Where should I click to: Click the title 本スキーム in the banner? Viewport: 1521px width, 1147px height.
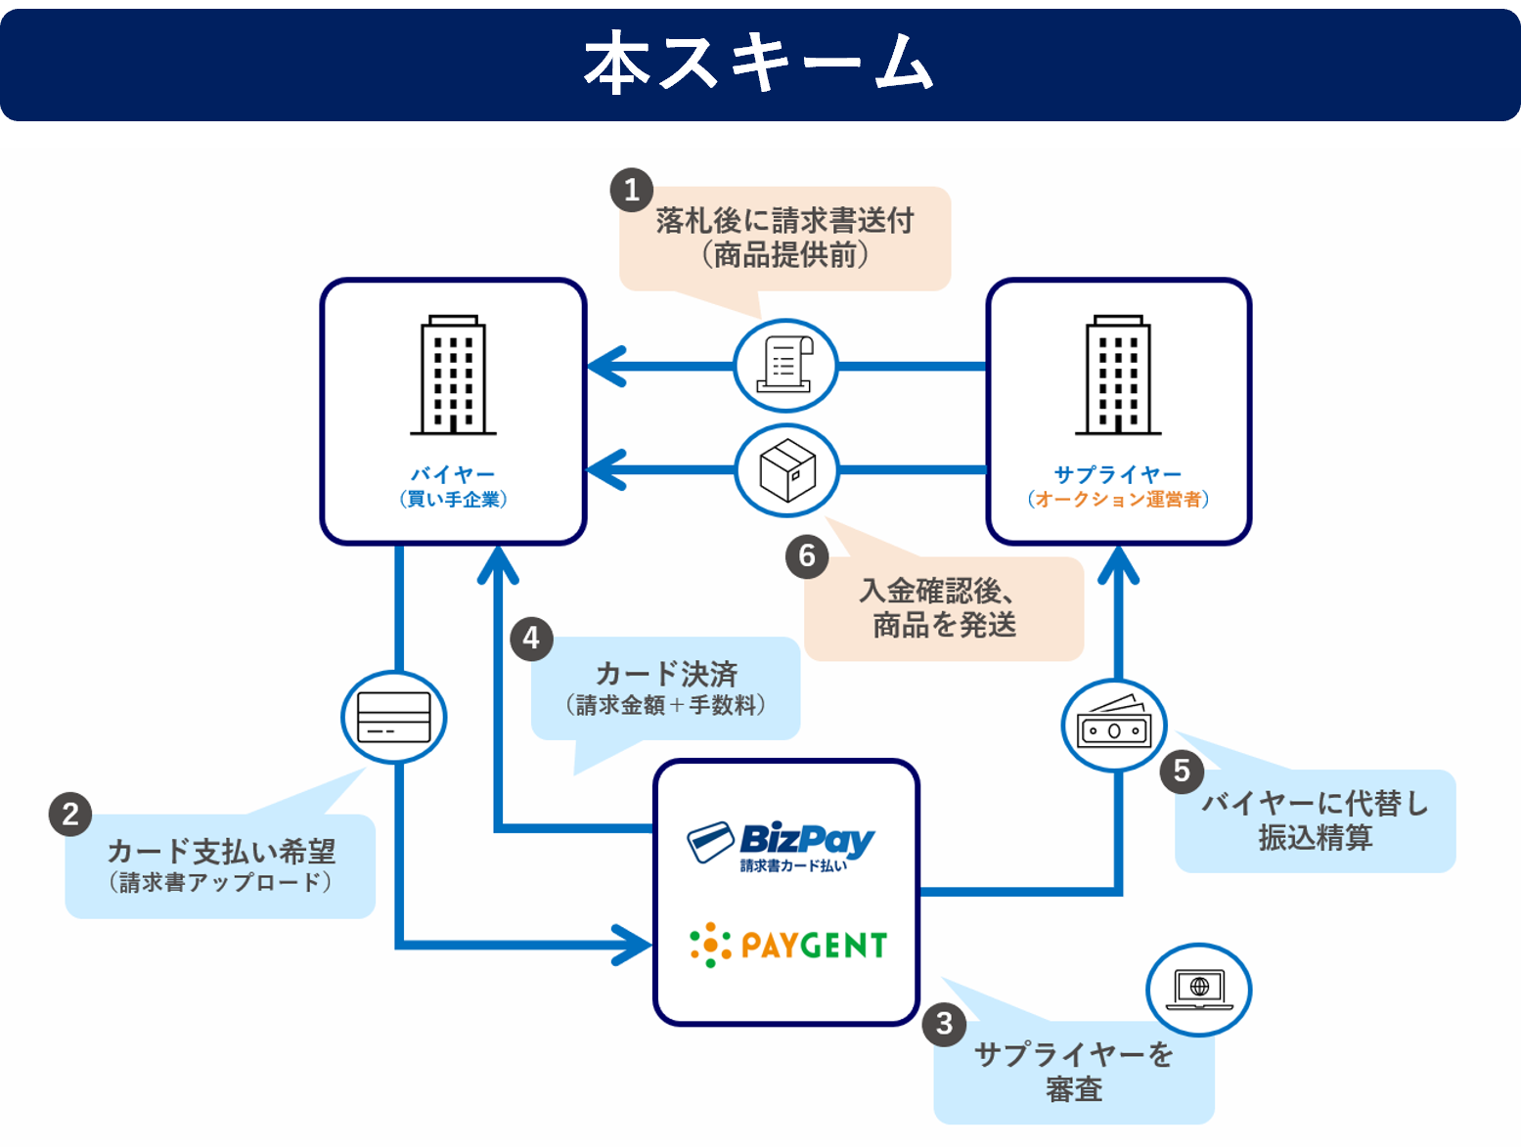click(759, 63)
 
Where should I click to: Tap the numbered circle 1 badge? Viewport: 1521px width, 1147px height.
click(632, 190)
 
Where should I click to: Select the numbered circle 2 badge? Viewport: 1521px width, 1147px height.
click(70, 815)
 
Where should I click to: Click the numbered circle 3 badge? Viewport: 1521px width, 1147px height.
click(944, 1024)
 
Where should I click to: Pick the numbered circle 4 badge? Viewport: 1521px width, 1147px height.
click(531, 639)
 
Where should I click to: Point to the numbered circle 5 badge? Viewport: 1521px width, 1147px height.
click(1182, 771)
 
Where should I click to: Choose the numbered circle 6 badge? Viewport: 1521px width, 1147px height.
click(807, 555)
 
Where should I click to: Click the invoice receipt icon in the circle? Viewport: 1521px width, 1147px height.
click(786, 366)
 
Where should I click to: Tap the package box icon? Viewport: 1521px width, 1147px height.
click(787, 470)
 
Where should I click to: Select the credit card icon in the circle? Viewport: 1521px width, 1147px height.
click(393, 718)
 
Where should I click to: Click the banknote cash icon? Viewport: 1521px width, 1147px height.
click(1114, 725)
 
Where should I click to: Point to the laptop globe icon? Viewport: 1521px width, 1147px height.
click(1198, 990)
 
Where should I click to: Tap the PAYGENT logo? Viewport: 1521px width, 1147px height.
click(788, 946)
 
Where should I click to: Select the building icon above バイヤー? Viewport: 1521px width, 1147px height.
click(453, 375)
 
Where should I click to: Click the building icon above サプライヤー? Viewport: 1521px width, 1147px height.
click(1118, 375)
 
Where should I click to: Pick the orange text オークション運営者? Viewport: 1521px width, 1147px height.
click(1118, 500)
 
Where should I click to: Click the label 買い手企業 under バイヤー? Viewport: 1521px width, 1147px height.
click(453, 500)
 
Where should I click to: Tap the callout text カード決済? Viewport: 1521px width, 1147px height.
click(666, 674)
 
